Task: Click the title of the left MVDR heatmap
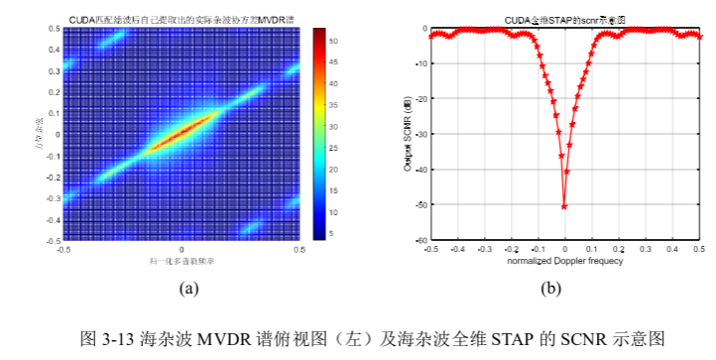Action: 181,18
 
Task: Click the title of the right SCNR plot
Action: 565,18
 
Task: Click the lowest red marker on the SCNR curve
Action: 564,206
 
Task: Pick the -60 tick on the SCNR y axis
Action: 421,241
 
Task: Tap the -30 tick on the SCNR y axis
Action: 421,134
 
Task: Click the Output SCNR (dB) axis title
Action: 409,135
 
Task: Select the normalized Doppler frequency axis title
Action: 564,262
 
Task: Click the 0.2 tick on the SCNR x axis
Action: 618,250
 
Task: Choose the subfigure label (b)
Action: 552,289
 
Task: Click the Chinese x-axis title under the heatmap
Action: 181,261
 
